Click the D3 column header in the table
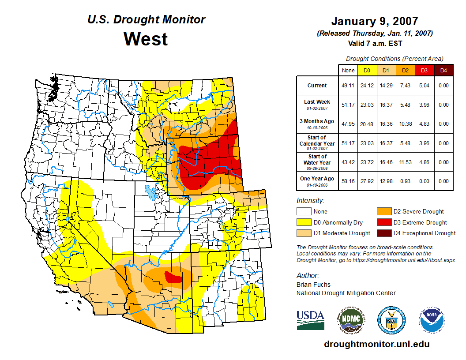coord(424,70)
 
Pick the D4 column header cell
coord(443,70)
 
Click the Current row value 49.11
coord(348,86)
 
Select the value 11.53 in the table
coord(405,162)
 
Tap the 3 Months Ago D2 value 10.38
coord(405,124)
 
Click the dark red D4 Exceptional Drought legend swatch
coord(383,233)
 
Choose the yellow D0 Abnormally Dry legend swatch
coord(304,222)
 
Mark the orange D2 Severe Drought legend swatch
coord(383,211)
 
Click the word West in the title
coord(146,39)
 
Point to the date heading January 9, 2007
coord(375,21)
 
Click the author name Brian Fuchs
coord(313,285)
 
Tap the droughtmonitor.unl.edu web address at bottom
coord(376,344)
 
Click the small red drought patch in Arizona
coord(174,278)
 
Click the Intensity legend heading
coord(310,201)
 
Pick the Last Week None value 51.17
coord(348,105)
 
